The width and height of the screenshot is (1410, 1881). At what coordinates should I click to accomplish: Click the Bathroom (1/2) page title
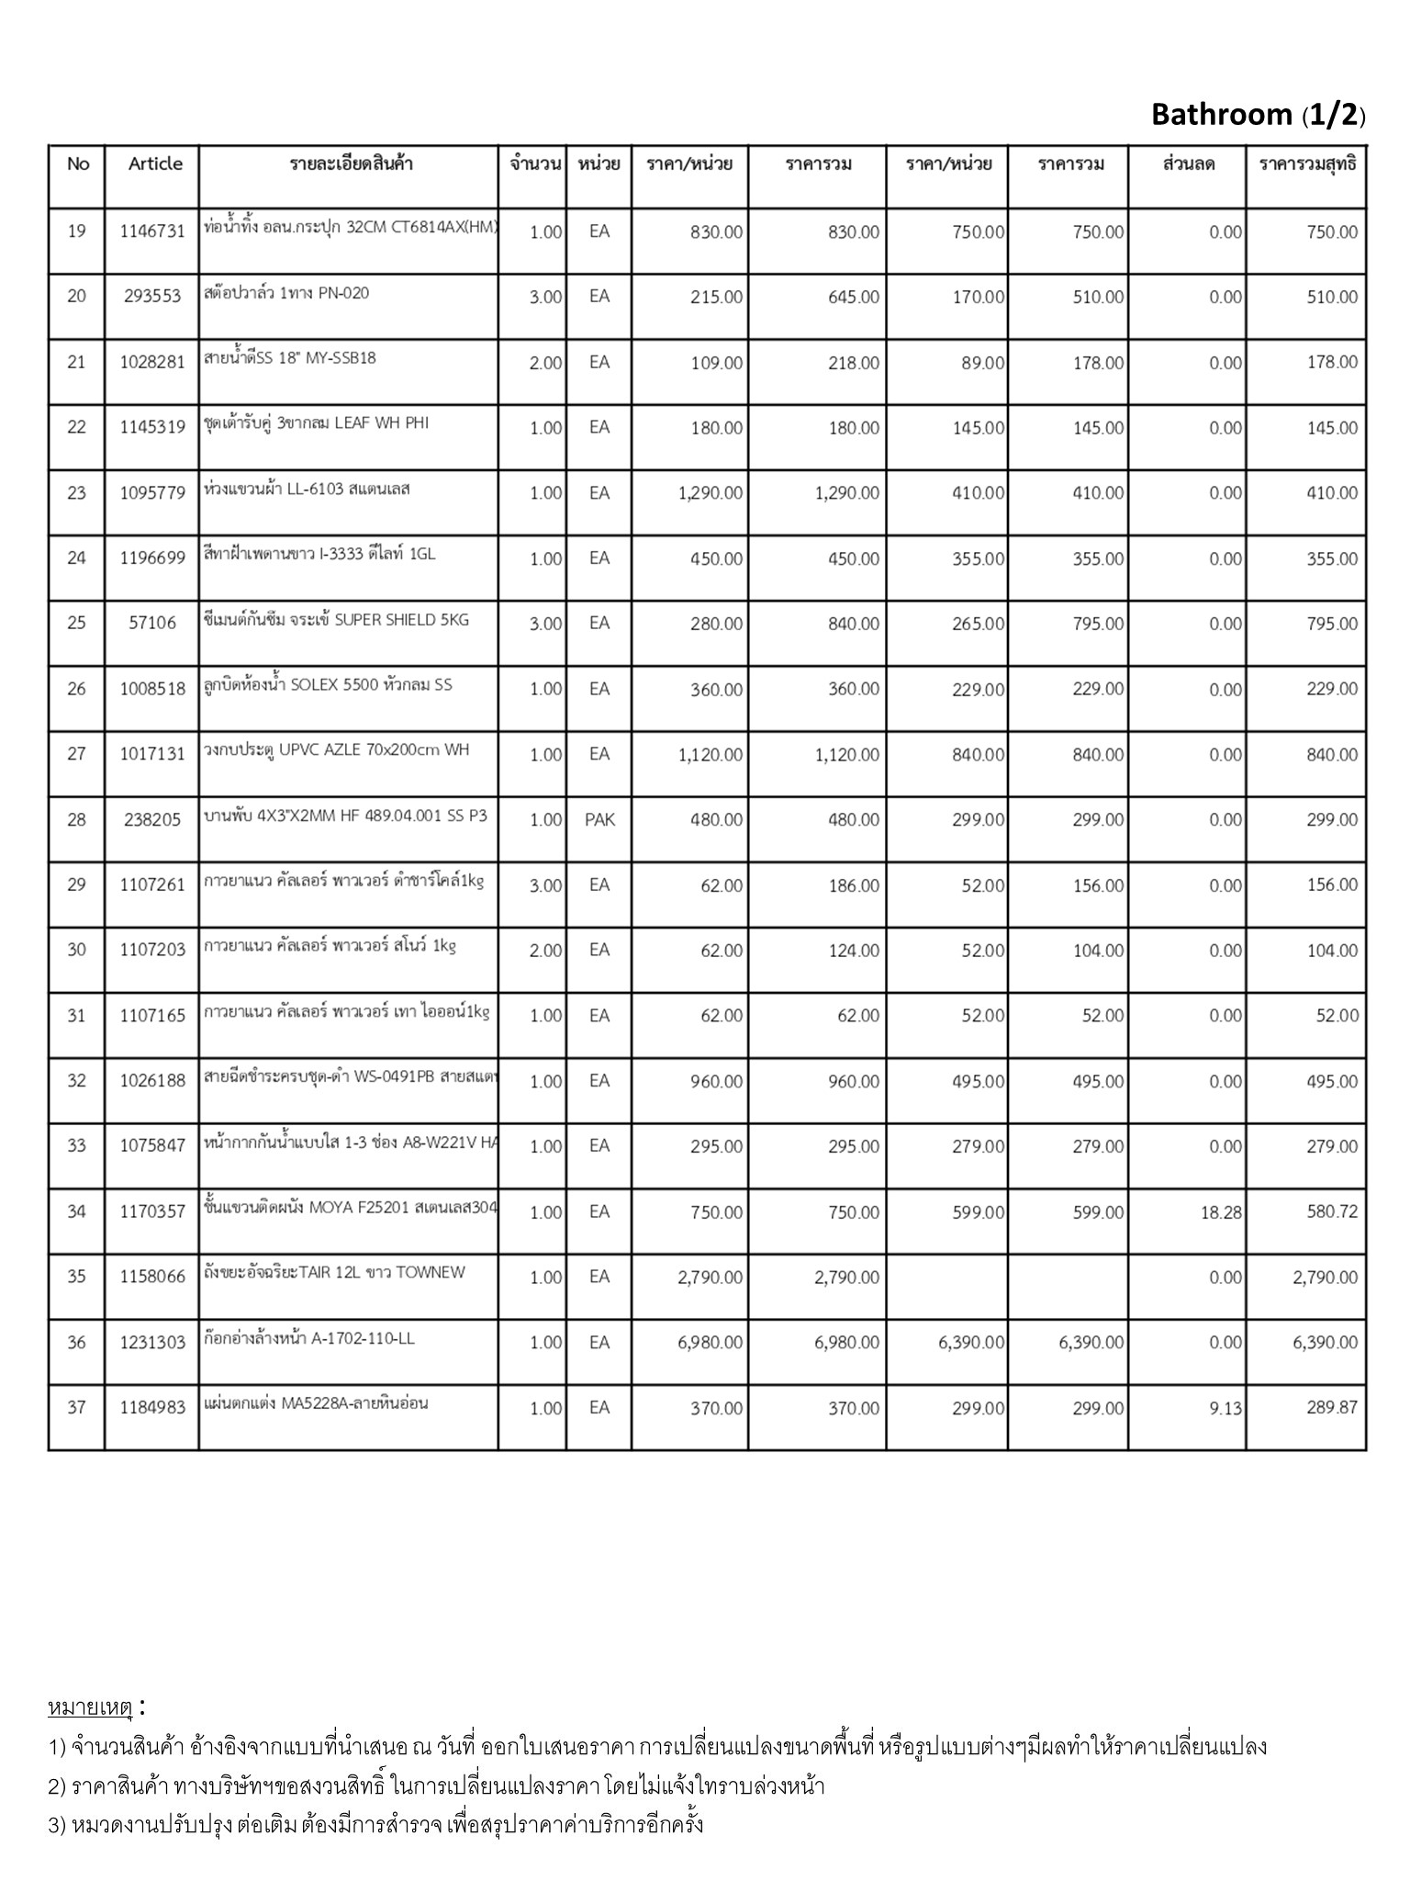tap(1258, 115)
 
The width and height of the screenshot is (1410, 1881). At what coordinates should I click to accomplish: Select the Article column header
tap(155, 163)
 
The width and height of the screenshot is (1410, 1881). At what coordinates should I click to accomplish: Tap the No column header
tap(78, 163)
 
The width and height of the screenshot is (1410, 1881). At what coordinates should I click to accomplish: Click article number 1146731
tap(152, 231)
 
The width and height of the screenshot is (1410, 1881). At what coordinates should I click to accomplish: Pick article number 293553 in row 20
tap(152, 297)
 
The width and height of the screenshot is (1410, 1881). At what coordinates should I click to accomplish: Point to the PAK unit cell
tap(599, 819)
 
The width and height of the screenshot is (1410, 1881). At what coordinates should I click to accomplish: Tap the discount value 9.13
tap(1225, 1408)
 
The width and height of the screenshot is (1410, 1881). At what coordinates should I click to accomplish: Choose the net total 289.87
tap(1332, 1408)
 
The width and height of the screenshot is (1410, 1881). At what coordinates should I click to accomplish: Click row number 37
tap(76, 1408)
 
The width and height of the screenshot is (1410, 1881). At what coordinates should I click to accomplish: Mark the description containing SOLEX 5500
tap(328, 685)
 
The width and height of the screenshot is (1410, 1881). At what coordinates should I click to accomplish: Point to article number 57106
tap(152, 624)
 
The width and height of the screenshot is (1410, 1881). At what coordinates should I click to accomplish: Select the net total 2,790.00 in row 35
tap(1325, 1278)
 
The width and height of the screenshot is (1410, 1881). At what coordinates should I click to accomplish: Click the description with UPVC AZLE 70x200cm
tap(336, 750)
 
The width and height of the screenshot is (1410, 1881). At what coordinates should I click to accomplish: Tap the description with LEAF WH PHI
tap(316, 423)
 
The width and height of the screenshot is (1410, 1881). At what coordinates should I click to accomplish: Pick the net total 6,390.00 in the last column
tap(1325, 1343)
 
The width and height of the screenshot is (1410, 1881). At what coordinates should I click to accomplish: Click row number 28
tap(76, 819)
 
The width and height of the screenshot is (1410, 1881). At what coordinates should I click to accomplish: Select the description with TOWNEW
tap(334, 1273)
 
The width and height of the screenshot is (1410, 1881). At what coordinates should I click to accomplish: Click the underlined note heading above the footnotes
tap(91, 1708)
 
